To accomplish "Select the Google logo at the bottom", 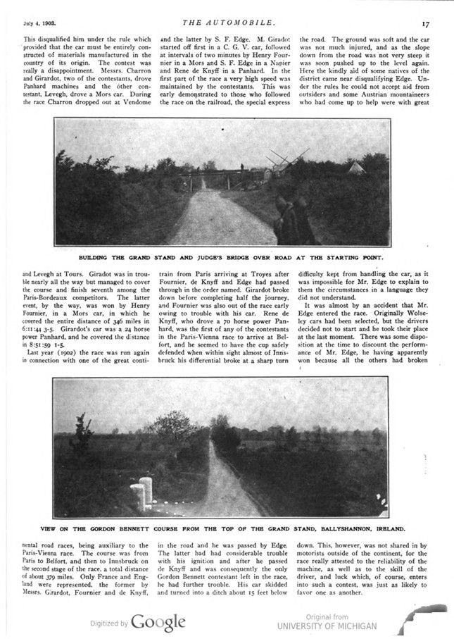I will point(158,622).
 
